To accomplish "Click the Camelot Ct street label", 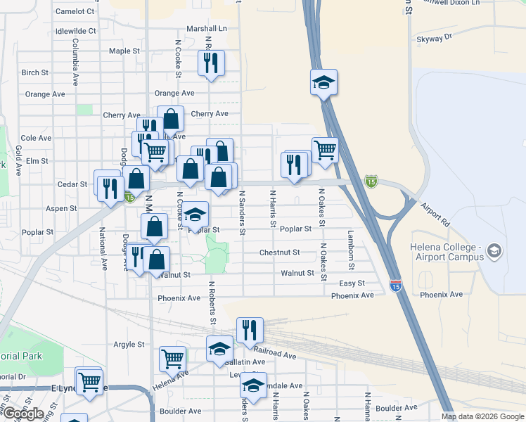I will coord(75,11).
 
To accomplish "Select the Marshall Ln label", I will coord(207,29).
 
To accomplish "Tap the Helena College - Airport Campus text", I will coord(447,252).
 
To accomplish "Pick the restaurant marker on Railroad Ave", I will coord(250,330).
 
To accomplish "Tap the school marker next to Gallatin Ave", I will coord(219,348).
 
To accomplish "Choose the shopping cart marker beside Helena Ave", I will coord(172,359).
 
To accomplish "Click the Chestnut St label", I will coord(279,252).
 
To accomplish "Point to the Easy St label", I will coord(352,283).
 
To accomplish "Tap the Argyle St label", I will coord(129,345).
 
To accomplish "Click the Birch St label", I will coord(34,72).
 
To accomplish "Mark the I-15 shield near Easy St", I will coord(396,286).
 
